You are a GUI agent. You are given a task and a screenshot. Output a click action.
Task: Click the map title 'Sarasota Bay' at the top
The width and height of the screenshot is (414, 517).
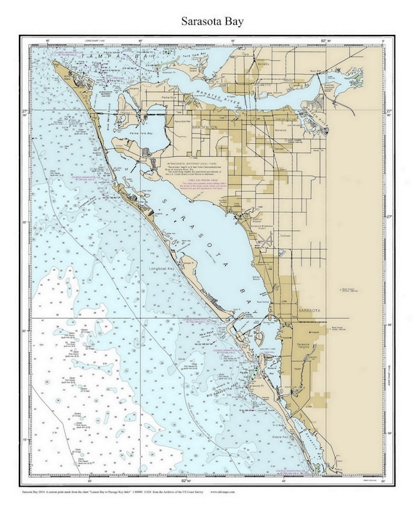[x=207, y=21]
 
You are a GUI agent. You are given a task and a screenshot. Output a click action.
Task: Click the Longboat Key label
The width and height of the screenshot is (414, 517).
[x=162, y=269]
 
